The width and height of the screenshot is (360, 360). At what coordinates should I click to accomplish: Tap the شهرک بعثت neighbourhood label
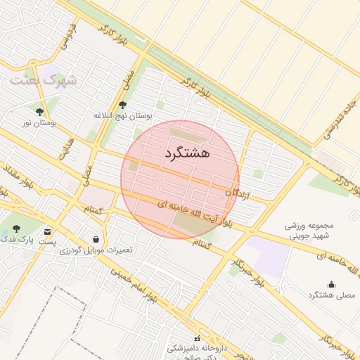point(43,79)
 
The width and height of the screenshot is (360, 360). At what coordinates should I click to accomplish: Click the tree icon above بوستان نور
point(39,111)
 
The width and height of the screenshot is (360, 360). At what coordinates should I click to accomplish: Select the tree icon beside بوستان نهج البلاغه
point(122,105)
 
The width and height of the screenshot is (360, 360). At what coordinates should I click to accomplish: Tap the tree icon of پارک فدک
point(17,229)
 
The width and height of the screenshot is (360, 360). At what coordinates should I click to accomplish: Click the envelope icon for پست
point(47,231)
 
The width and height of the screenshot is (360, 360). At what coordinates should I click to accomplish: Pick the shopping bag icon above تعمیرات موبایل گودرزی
point(96,239)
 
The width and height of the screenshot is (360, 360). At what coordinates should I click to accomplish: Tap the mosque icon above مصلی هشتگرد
point(331,284)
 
